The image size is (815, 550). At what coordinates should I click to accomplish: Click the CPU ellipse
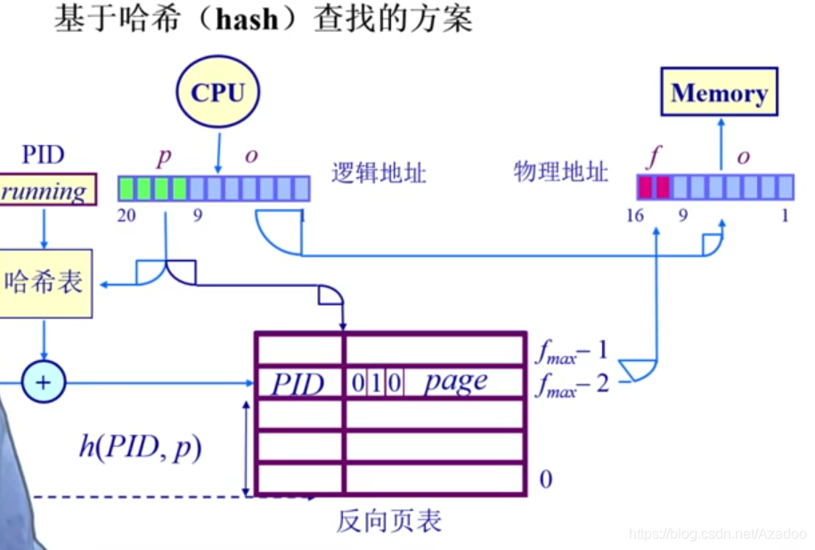[217, 93]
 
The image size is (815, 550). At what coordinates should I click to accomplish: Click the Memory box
[719, 93]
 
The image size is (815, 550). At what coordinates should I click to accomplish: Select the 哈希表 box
[45, 283]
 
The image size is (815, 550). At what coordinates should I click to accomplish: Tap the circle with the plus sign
[42, 384]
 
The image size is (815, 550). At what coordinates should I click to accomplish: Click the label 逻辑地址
[379, 173]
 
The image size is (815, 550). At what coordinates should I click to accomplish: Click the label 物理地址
[560, 172]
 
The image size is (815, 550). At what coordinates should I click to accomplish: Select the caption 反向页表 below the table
[388, 521]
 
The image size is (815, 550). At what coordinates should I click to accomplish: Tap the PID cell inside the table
[298, 384]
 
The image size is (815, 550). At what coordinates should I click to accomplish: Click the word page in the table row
[455, 383]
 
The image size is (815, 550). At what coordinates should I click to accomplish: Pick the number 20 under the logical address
[126, 215]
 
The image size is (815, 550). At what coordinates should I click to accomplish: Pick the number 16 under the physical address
[634, 215]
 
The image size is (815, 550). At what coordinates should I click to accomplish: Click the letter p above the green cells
[164, 157]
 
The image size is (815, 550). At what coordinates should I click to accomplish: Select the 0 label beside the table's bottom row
[545, 480]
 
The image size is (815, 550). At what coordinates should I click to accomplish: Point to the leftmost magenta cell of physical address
[646, 187]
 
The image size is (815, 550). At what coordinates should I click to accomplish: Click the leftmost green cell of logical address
[127, 188]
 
